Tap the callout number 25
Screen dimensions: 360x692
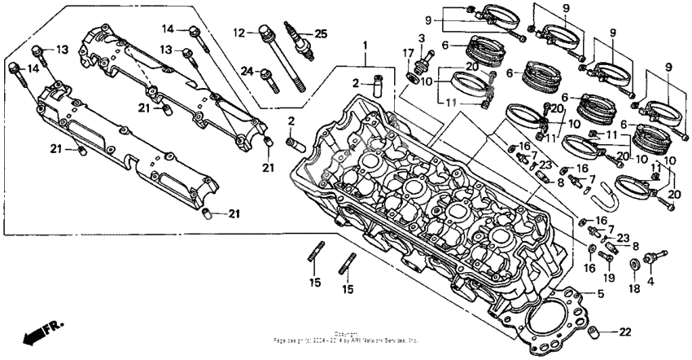click(x=322, y=33)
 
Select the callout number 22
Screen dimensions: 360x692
click(x=625, y=331)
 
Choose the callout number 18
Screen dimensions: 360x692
click(x=634, y=288)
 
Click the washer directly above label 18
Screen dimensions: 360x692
click(x=634, y=265)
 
